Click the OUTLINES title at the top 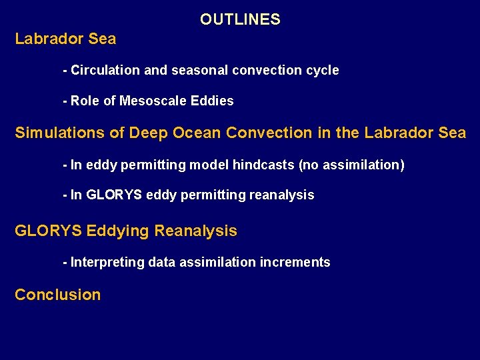(240, 19)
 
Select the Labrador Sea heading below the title (65, 39)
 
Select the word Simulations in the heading (60, 133)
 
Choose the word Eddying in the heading (119, 231)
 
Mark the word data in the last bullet (162, 262)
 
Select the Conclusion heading (58, 295)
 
